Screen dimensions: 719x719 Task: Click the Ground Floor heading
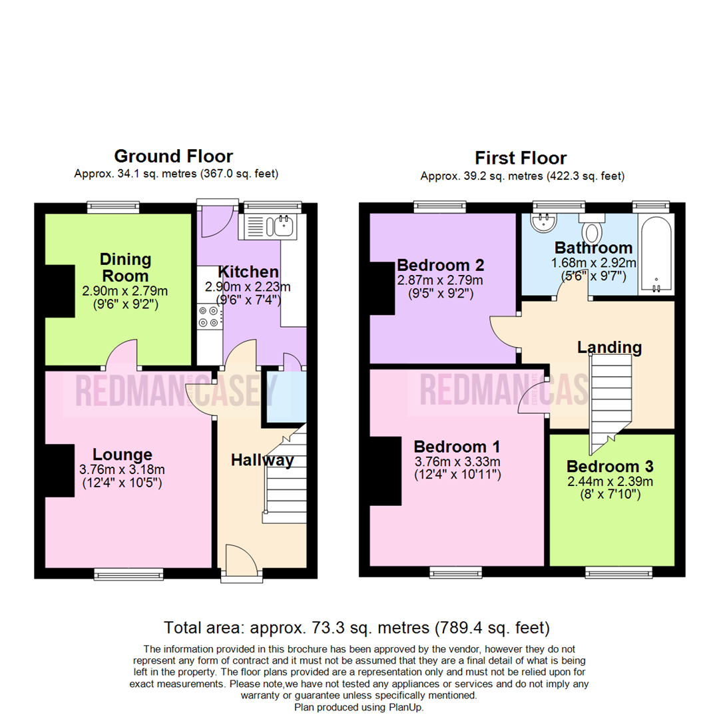coord(173,156)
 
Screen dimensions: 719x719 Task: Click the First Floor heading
coord(520,158)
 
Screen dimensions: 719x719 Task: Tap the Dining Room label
coord(126,267)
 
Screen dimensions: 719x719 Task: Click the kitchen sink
coord(280,226)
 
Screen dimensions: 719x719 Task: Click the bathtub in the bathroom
coord(656,253)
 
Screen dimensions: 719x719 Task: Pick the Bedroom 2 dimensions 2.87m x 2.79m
coord(440,280)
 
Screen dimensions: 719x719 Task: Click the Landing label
coord(609,347)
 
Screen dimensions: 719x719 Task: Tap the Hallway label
coord(262,460)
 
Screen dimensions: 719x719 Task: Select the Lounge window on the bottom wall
coord(128,573)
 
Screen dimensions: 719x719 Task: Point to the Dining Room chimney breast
coord(60,290)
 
